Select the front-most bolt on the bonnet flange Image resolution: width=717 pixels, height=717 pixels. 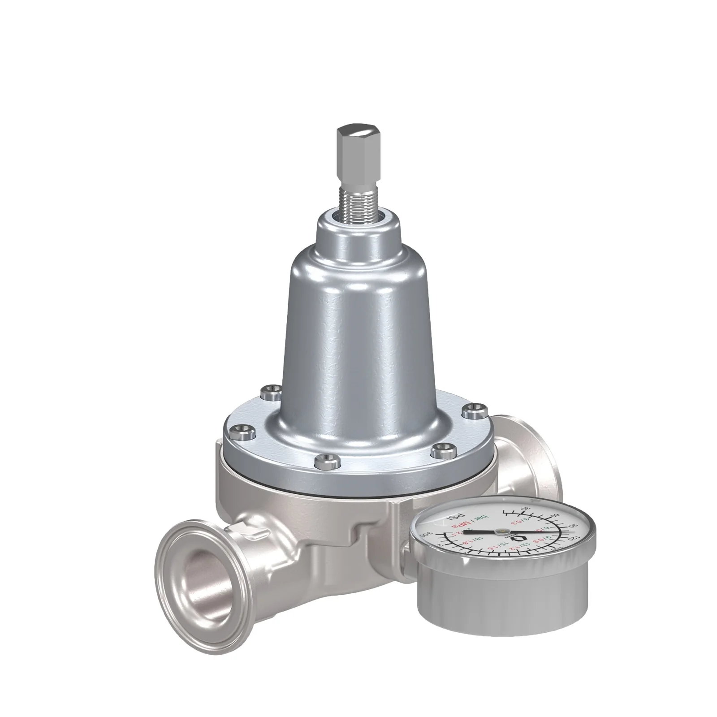tap(322, 459)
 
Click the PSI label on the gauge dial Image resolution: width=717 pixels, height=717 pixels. tap(456, 516)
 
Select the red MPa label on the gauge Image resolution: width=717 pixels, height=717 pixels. tap(461, 524)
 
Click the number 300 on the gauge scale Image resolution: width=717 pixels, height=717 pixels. tap(426, 535)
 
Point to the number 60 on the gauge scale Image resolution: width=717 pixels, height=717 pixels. tap(556, 515)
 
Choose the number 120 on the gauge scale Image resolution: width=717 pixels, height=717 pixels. tap(574, 538)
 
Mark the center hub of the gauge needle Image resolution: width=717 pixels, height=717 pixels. tap(502, 531)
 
